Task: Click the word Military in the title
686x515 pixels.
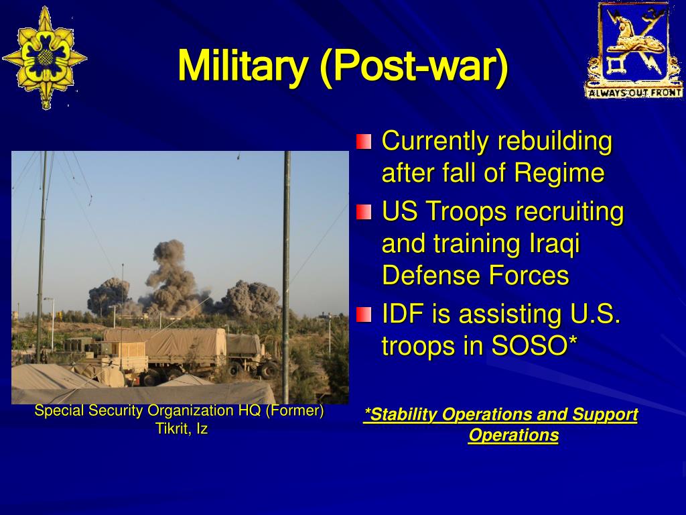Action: tap(243, 66)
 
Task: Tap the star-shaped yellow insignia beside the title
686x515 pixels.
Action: tap(45, 58)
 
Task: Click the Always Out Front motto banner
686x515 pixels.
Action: tap(634, 93)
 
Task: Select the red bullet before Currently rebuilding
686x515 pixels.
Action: tap(364, 141)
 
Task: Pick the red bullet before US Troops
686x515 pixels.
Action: tap(364, 212)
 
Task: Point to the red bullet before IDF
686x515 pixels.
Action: tap(364, 314)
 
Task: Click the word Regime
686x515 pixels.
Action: tap(559, 174)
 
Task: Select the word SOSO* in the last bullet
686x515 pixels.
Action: tap(535, 346)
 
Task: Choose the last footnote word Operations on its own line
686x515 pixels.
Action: tap(514, 435)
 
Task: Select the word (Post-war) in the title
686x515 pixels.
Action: tap(414, 66)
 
